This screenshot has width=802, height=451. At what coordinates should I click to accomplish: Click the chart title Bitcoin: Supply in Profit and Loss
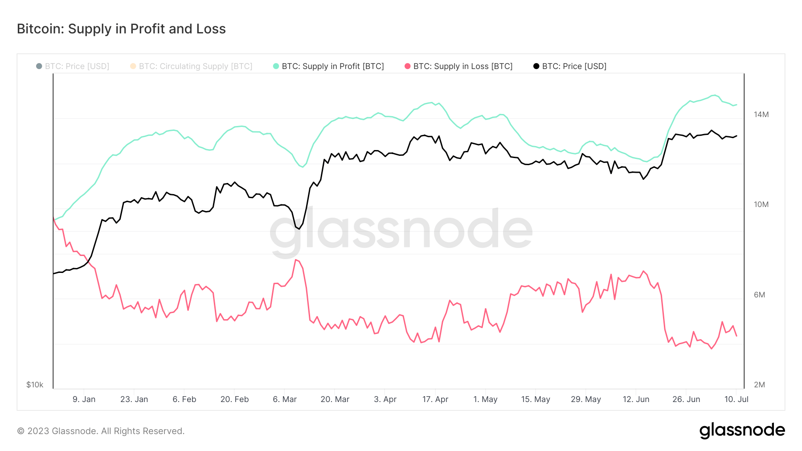[x=121, y=29]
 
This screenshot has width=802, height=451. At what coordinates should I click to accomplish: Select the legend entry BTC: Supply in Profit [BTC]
[x=332, y=66]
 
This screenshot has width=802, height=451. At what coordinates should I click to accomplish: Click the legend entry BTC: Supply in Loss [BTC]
[x=462, y=66]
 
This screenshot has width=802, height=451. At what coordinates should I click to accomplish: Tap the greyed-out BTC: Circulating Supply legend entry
[x=195, y=66]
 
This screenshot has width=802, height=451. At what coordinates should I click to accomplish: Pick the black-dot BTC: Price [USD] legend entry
[x=574, y=66]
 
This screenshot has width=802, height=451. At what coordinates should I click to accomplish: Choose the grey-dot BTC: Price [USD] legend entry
[x=77, y=66]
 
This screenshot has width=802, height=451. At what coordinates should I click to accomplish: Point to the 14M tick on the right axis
[x=761, y=114]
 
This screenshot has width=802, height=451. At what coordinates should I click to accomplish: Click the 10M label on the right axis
[x=761, y=204]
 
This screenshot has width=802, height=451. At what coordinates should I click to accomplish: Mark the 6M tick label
[x=759, y=295]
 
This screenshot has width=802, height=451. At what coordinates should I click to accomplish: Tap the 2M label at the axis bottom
[x=759, y=385]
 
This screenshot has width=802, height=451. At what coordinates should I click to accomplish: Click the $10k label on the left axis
[x=35, y=385]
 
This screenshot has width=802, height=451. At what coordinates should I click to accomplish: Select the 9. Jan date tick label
[x=84, y=399]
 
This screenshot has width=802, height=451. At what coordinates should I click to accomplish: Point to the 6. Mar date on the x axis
[x=285, y=399]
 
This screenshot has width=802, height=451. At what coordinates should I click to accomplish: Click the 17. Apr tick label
[x=435, y=399]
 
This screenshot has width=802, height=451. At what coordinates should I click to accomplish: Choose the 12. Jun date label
[x=636, y=399]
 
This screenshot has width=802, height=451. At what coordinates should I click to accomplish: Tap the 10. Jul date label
[x=736, y=399]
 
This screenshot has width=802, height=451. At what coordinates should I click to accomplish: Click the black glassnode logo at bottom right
[x=742, y=431]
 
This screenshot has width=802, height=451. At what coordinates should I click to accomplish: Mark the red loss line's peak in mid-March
[x=295, y=260]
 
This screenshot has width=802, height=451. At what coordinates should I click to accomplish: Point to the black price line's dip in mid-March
[x=299, y=228]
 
